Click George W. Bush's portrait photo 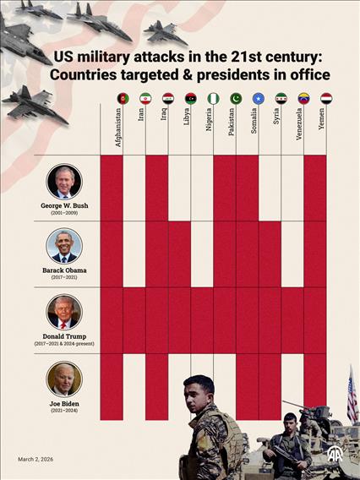coord(64,182)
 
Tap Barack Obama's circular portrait coord(64,246)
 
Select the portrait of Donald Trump coord(64,312)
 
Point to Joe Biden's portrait coord(64,379)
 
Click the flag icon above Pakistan coord(236,98)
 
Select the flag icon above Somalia coord(259,98)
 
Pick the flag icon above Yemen coord(326,98)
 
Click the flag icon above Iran coord(145,98)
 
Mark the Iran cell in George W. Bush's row coord(134,188)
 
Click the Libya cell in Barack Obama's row coord(179,254)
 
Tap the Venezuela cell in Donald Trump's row coord(292,319)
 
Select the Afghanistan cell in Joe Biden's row coord(112,385)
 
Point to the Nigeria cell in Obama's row coord(202,254)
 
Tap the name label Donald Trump coord(64,336)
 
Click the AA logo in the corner coord(335,454)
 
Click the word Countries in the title coord(89,75)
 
